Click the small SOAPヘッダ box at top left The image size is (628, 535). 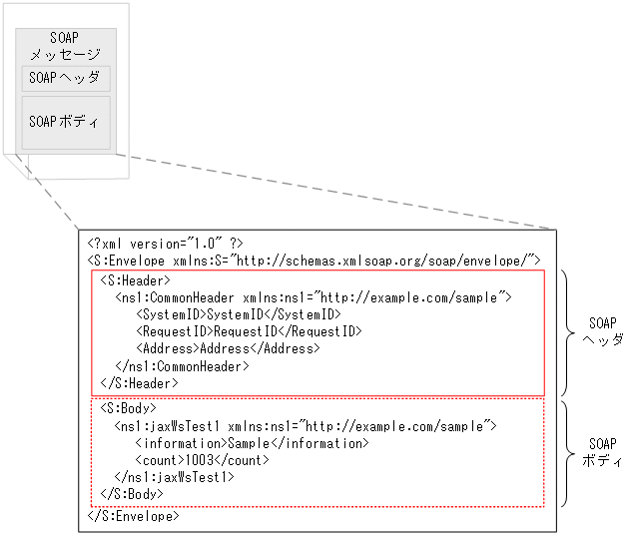65,78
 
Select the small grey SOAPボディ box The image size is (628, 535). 66,123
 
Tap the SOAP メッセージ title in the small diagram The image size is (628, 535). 65,46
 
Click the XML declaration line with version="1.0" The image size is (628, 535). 165,243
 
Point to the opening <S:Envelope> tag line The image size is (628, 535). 314,261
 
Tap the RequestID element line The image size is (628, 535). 249,331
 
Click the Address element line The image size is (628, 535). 228,348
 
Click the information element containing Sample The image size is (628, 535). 252,442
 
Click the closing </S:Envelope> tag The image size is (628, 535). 134,516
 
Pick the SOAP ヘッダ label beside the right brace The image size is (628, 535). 603,331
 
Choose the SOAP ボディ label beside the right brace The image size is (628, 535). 602,452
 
